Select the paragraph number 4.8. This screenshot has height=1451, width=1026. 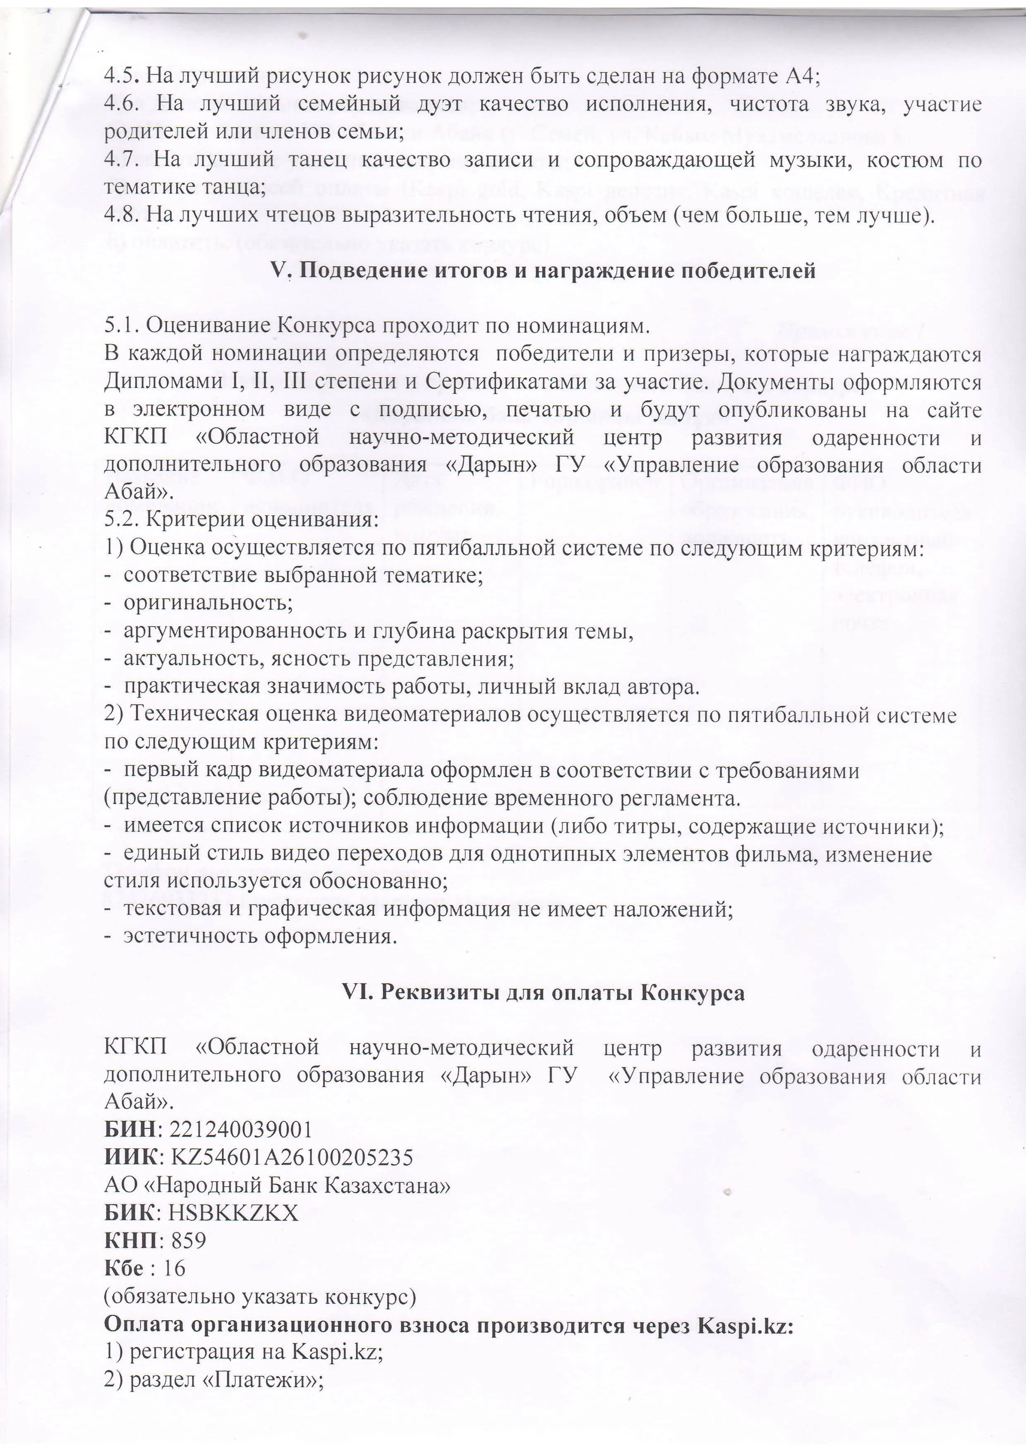122,215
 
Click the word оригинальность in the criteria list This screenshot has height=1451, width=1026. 208,602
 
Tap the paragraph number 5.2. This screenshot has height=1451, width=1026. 122,520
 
